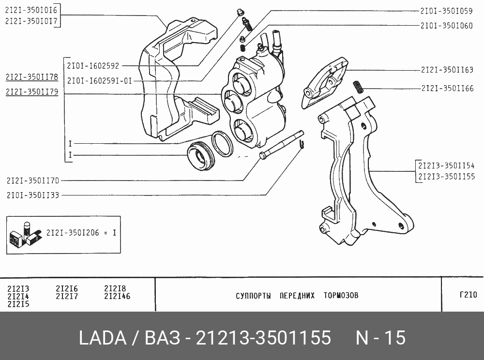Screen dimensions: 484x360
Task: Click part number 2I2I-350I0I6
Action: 31,10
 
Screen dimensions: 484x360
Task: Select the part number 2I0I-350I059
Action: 446,11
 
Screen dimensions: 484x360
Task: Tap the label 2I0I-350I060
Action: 446,26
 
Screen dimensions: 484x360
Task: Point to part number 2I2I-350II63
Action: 447,70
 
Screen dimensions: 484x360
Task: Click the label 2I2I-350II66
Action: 447,89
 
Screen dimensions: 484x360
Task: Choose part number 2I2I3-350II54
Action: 446,165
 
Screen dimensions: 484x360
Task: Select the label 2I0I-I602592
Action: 93,66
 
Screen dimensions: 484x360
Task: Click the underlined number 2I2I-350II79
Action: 32,92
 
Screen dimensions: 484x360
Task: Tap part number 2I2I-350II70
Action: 33,180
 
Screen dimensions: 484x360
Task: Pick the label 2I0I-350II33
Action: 33,195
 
